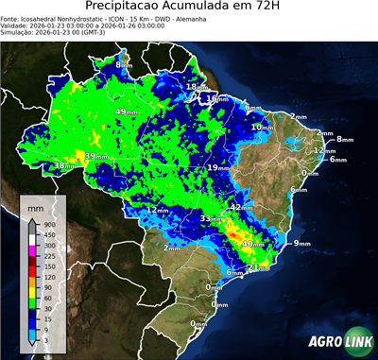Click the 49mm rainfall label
(125, 111)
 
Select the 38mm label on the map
(64, 166)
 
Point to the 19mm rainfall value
(218, 167)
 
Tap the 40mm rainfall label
(252, 244)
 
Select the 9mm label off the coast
(302, 244)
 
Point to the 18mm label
(196, 87)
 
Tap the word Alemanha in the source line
(235, 18)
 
